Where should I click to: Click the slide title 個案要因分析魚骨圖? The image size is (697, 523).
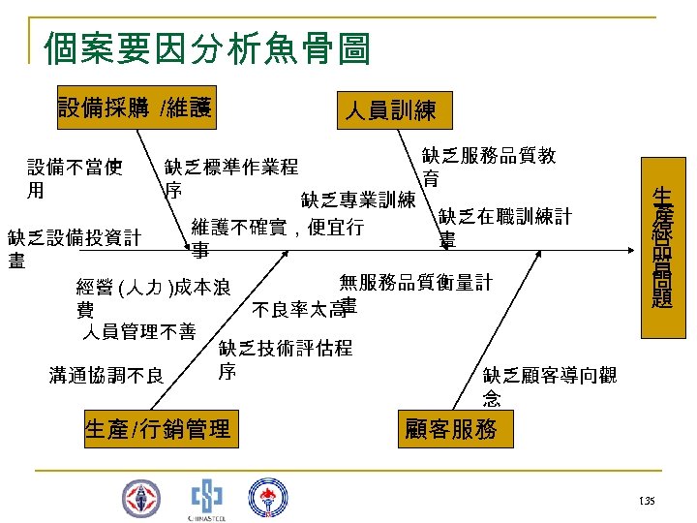tap(207, 46)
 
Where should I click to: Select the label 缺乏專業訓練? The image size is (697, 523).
tap(357, 200)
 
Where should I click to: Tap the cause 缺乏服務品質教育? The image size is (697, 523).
tap(488, 168)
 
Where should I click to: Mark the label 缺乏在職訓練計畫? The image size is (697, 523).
tap(503, 228)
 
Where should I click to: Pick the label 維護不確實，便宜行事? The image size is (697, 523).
tap(277, 238)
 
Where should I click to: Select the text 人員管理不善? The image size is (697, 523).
tap(137, 333)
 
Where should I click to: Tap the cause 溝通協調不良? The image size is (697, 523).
tap(106, 375)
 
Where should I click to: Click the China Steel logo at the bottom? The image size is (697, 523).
tap(205, 497)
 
